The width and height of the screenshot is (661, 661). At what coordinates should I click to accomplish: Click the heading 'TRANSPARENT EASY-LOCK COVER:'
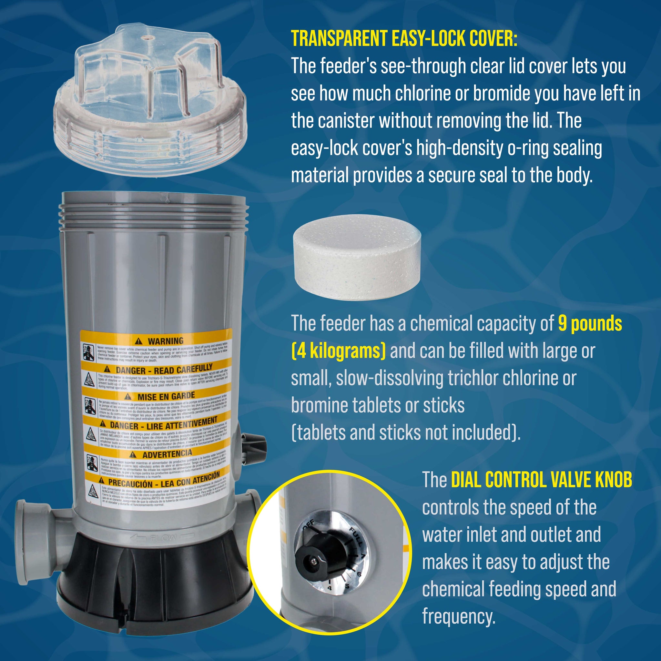tap(404, 38)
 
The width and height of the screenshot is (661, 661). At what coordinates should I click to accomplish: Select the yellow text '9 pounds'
tap(590, 323)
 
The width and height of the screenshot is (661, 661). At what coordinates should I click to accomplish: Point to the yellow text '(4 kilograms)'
tap(338, 351)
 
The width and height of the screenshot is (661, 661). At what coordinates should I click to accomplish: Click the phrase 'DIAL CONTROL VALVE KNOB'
tap(541, 480)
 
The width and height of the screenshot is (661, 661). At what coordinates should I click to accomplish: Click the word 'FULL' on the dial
tap(356, 536)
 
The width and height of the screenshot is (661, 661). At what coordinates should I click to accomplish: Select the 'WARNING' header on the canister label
tap(165, 341)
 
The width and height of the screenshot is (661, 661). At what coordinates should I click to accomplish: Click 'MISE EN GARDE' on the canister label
tap(166, 397)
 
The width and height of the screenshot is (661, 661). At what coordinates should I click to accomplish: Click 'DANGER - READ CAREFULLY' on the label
tap(164, 370)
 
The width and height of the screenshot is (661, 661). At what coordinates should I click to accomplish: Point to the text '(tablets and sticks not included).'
tap(406, 433)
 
